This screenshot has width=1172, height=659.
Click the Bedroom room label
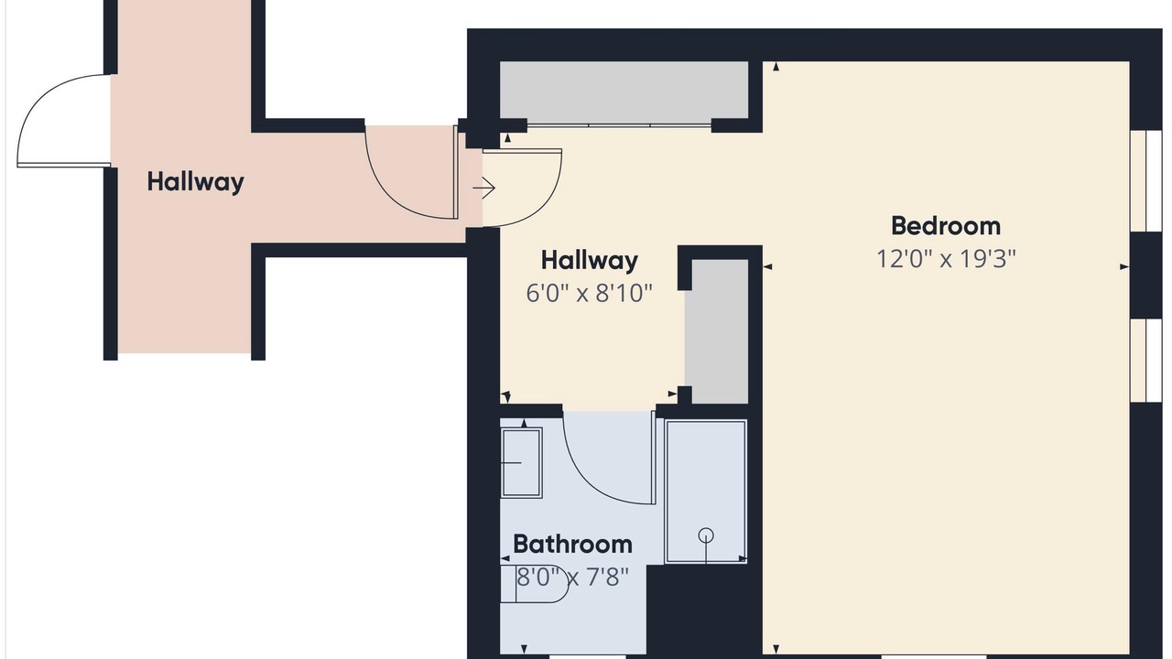coord(946,226)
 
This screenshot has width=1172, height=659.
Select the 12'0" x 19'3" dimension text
coord(946,259)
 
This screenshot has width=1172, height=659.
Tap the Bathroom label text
coord(572,545)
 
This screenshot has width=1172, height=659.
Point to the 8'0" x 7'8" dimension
coord(572,578)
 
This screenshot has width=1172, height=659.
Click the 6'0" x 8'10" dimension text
coord(589,293)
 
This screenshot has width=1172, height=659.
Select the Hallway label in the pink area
coord(195,182)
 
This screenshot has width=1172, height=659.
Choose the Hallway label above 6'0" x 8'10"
coord(589,261)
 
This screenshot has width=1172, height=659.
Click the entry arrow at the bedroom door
coord(484,188)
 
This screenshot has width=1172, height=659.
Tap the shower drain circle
coord(706,535)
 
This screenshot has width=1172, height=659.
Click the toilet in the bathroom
coord(534,584)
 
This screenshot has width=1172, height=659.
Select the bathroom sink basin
coord(521,463)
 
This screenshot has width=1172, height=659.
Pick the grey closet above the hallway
coord(624,91)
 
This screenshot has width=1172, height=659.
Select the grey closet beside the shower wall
coord(716,331)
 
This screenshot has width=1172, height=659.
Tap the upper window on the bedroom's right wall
coord(1145,180)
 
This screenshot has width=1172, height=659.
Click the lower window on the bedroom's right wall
coord(1145,360)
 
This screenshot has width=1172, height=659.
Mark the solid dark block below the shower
coord(704,610)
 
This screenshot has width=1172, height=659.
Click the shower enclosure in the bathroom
coord(706,492)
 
